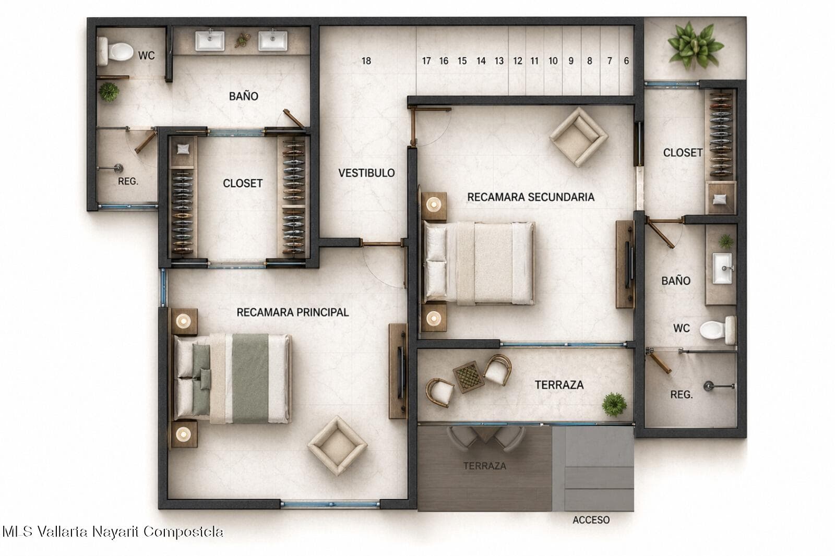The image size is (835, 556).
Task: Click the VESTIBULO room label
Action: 366,173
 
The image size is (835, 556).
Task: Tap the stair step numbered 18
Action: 366,61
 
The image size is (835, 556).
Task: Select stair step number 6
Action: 626,61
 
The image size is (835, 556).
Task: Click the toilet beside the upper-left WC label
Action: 115,52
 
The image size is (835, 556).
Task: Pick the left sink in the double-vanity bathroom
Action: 210,40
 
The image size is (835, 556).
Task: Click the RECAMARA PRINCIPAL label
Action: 293,312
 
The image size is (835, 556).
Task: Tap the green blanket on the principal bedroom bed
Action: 250,378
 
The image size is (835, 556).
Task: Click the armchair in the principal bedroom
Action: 337,446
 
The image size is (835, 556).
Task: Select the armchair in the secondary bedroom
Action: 579,137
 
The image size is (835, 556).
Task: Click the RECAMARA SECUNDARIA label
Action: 531,197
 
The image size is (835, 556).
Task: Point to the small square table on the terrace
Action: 469,377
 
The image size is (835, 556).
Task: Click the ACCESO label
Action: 591,520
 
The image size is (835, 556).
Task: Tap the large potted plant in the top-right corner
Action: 695,45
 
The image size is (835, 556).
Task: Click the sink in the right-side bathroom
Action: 723,268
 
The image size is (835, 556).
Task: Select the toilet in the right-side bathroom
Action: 718,330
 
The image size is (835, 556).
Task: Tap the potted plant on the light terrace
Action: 614,405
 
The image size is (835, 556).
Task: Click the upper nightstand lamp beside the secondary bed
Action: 434,204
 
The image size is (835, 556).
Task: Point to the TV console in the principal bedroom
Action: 398,371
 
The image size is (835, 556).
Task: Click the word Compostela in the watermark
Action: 183,532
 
